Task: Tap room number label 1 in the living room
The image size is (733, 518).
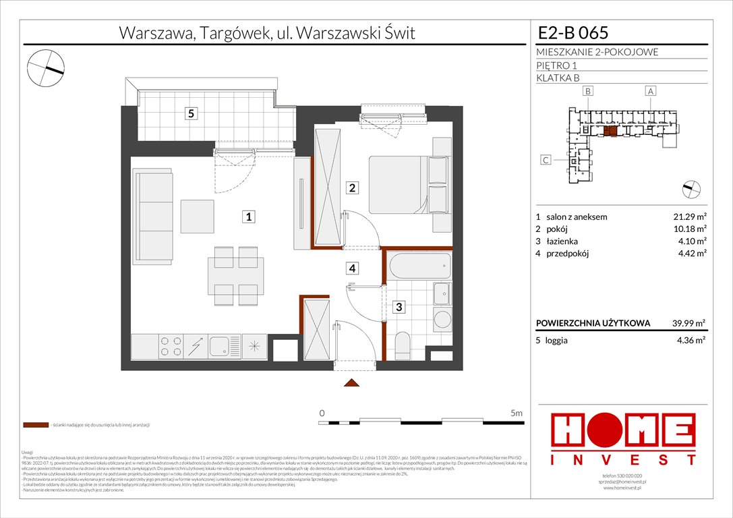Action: pos(249,217)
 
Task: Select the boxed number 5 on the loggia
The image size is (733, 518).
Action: pos(192,114)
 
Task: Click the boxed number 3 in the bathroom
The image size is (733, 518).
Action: pos(399,307)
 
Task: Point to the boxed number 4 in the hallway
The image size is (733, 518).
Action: pos(352,268)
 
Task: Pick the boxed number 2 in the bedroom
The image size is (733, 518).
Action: pos(352,188)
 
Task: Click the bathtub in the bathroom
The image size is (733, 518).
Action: pos(419,266)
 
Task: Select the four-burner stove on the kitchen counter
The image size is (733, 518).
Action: pos(170,347)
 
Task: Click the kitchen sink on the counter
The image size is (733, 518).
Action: pos(221,347)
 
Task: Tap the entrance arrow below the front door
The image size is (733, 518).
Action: pos(351,384)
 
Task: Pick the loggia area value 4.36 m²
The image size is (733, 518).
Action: pos(690,341)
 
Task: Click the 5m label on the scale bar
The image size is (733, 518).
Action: pos(517,412)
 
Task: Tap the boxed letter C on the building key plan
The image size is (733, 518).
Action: pos(546,160)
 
